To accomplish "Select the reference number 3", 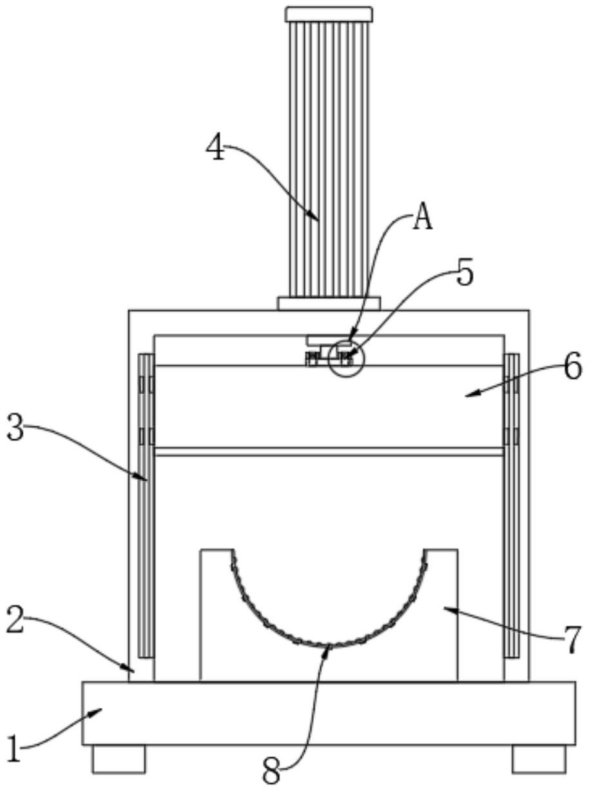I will pos(17,428).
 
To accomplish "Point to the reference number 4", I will pos(217,148).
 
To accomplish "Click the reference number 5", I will pos(465,273).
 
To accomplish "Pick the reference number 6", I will pos(572,368).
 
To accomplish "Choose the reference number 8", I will pos(273,772).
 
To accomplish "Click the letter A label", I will pos(421,219).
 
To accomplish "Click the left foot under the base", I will pos(119,759).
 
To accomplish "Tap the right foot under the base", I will pos(539,759).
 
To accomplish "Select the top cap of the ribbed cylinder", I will pos(329,14).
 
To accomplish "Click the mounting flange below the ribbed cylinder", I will pos(329,303).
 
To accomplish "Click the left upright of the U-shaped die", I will pos(215,613).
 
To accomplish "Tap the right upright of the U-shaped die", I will pos(442,613).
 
